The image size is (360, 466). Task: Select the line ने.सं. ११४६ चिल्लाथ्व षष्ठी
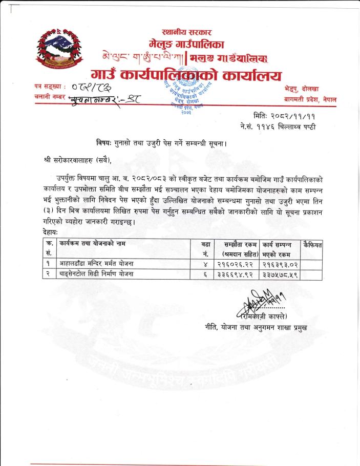277,126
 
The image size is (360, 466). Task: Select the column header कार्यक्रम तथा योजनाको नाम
92,243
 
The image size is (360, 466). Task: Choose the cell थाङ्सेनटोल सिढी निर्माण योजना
97,274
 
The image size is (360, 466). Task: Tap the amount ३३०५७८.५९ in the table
280,274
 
